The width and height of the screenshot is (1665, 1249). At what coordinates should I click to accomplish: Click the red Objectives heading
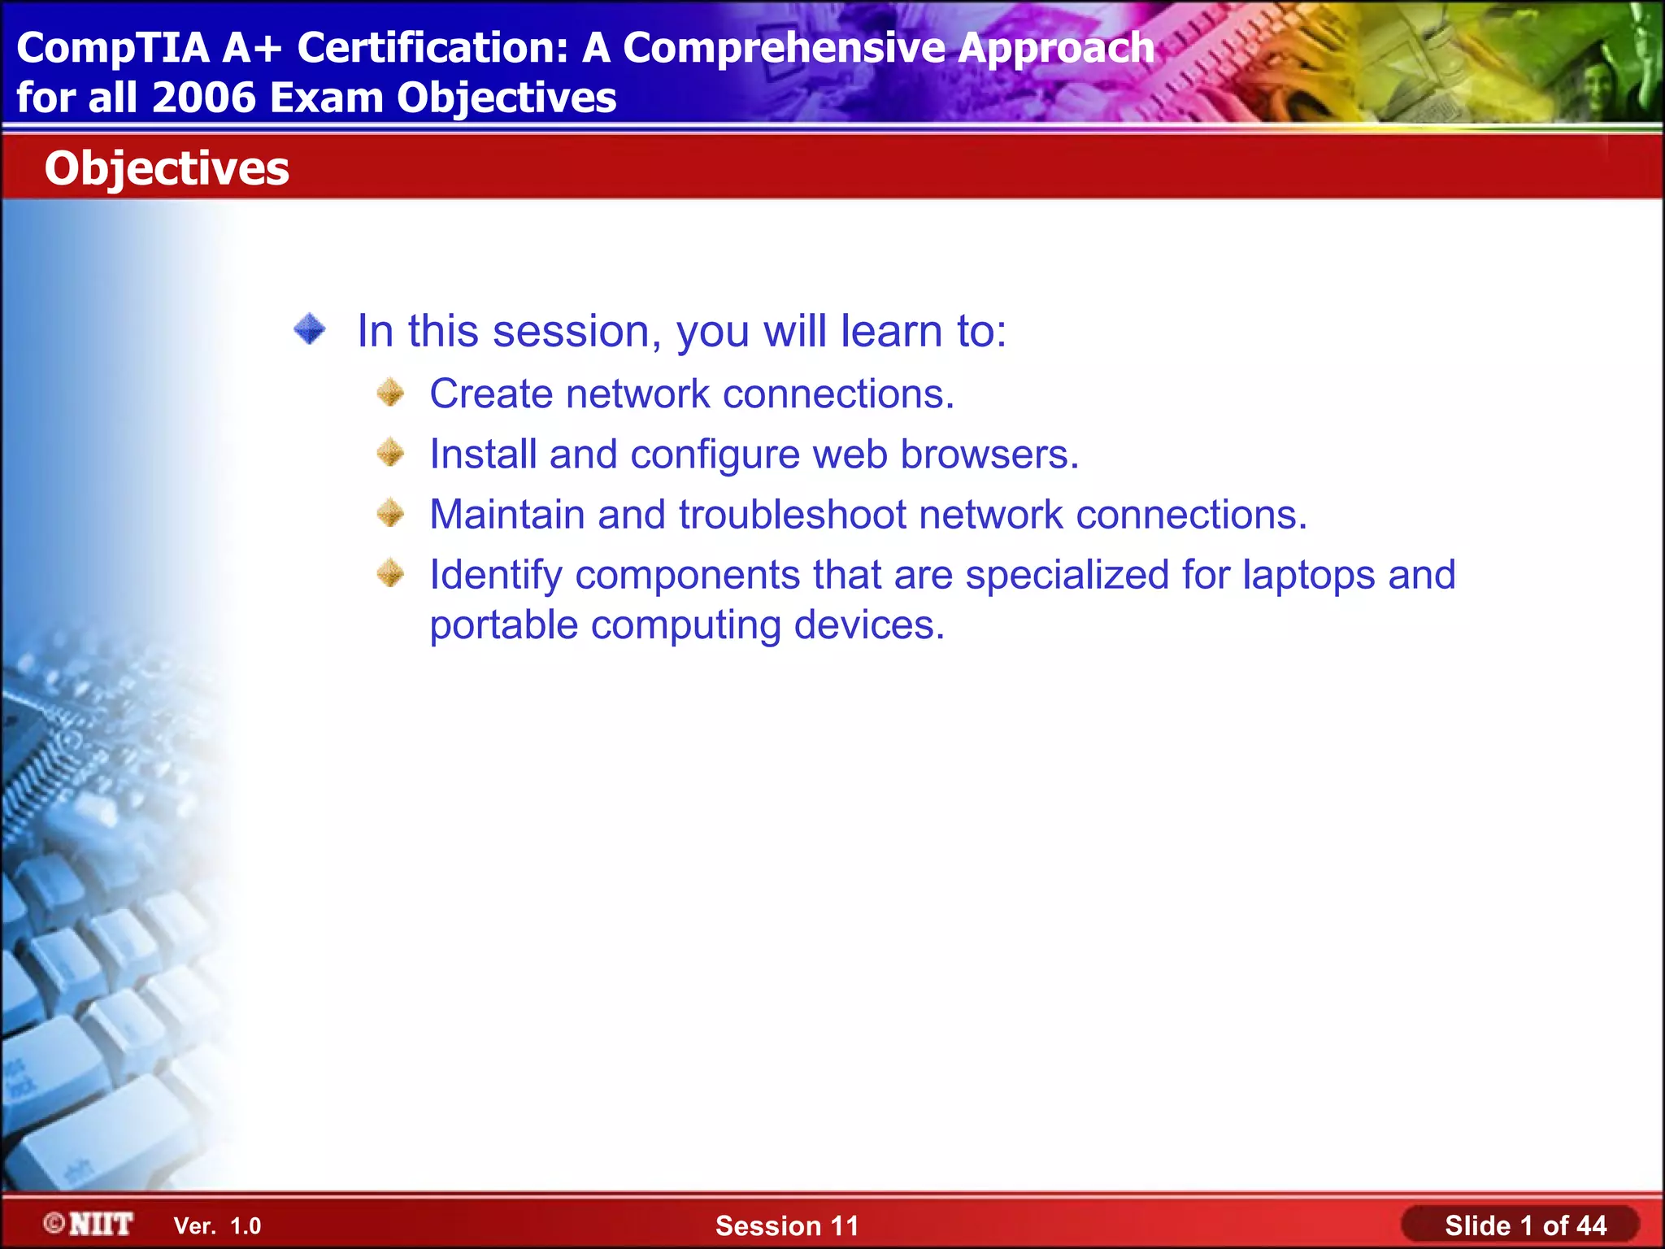point(167,168)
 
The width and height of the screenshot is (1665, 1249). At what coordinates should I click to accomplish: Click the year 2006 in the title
point(203,98)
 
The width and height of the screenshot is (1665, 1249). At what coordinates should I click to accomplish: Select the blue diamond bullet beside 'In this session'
point(310,329)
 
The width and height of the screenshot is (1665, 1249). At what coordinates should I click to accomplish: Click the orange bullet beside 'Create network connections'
point(390,393)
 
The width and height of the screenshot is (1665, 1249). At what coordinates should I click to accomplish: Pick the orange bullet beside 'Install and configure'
point(390,453)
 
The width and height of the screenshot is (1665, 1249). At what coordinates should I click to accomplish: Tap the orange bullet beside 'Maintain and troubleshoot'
point(390,513)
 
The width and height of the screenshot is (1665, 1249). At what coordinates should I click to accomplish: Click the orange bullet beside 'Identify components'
point(390,573)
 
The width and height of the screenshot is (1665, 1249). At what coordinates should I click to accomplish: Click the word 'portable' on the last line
point(504,626)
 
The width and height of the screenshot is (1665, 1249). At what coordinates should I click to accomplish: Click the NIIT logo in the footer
point(89,1224)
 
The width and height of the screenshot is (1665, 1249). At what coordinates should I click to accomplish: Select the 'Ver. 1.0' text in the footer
point(217,1226)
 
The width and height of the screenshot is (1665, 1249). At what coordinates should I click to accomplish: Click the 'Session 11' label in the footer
point(786,1225)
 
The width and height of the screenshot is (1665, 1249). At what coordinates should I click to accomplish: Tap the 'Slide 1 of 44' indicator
point(1525,1225)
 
